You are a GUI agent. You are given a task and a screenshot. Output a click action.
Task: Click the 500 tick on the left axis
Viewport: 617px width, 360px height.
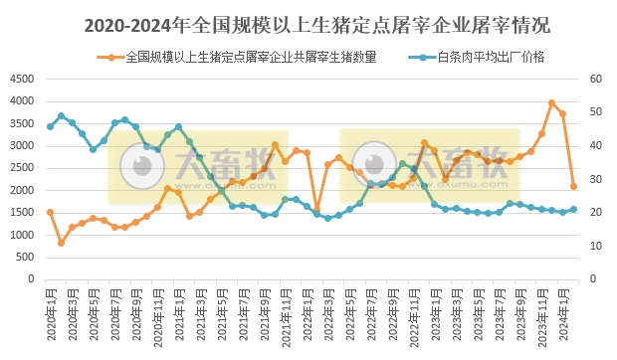26,258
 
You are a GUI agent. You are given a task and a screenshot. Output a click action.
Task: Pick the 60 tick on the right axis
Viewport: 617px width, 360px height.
596,79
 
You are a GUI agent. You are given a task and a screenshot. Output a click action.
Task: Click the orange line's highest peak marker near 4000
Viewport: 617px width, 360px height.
552,102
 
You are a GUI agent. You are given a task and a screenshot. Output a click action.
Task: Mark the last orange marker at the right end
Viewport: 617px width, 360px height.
574,186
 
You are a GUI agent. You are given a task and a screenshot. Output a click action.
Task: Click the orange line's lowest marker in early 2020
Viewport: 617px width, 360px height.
61,243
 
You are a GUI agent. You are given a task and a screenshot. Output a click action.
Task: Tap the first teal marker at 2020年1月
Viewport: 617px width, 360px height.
50,126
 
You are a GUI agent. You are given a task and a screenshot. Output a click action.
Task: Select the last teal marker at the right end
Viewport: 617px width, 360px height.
574,209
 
